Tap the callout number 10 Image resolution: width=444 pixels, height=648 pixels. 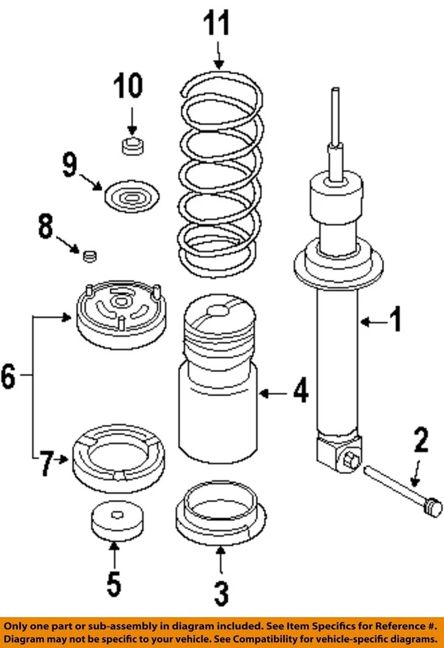point(128,87)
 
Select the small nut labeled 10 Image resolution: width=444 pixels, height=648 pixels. point(132,146)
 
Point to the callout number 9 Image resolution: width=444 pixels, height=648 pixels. point(70,165)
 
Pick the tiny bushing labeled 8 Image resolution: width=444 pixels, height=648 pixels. point(90,255)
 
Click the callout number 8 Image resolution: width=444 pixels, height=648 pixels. point(45,227)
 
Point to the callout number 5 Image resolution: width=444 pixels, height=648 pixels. point(113,583)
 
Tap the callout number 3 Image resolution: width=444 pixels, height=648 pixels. point(221,593)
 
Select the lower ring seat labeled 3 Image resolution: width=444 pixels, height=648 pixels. point(219,516)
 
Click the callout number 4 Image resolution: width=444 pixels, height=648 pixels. point(299,391)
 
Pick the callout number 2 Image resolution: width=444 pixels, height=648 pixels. point(420,441)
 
